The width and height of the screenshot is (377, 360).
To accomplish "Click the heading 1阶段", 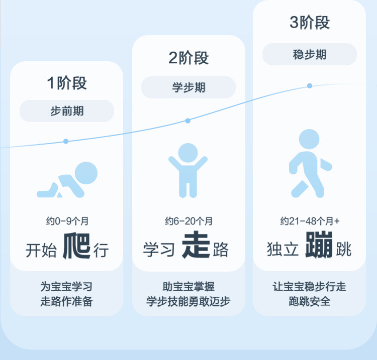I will (x=67, y=83).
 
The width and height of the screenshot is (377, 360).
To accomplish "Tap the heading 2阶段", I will (x=189, y=58).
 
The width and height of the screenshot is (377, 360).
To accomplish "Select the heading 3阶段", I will (x=310, y=23).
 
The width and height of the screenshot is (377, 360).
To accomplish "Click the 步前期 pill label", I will (x=67, y=111).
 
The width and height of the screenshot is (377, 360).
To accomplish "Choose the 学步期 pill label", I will (x=189, y=87).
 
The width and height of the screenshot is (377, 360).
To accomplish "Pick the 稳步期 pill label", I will (x=310, y=54).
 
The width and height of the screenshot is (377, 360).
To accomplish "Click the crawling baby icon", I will (x=68, y=180).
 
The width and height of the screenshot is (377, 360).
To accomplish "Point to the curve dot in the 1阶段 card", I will (x=66, y=142).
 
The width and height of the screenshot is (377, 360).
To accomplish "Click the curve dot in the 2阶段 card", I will (x=188, y=121).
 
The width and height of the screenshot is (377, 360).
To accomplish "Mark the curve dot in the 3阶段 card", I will (x=310, y=86).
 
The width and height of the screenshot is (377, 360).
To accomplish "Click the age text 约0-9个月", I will (x=67, y=221).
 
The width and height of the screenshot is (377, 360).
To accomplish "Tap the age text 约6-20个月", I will (x=189, y=221).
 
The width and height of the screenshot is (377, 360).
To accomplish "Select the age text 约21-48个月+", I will (x=310, y=221).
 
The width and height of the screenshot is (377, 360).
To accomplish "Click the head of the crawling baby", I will (x=86, y=173).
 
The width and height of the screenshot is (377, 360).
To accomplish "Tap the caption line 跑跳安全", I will (x=310, y=302).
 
